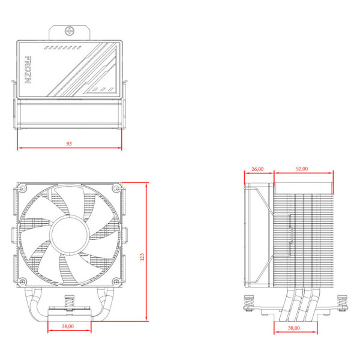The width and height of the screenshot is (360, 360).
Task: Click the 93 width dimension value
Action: coord(69,145)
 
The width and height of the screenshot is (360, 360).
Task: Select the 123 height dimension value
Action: coord(142,256)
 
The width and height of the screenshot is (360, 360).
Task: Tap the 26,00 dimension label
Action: coord(258,169)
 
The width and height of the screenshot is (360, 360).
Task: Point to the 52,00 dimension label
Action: coord(302,169)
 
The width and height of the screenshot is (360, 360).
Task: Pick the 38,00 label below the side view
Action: coord(294,328)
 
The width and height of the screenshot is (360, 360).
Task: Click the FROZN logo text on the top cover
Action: coord(28,73)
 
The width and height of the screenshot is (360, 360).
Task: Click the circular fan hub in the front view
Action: coord(69,235)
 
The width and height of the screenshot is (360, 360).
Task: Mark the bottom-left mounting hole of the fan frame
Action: coord(23,281)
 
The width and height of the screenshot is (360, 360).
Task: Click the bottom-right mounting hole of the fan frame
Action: coord(116,281)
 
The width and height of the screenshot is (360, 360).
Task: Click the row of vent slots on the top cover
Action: coord(64,46)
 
